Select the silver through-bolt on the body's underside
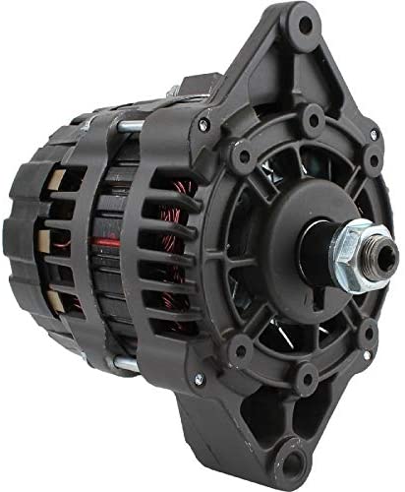click(124, 363)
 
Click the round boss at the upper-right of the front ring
click(371, 158)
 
